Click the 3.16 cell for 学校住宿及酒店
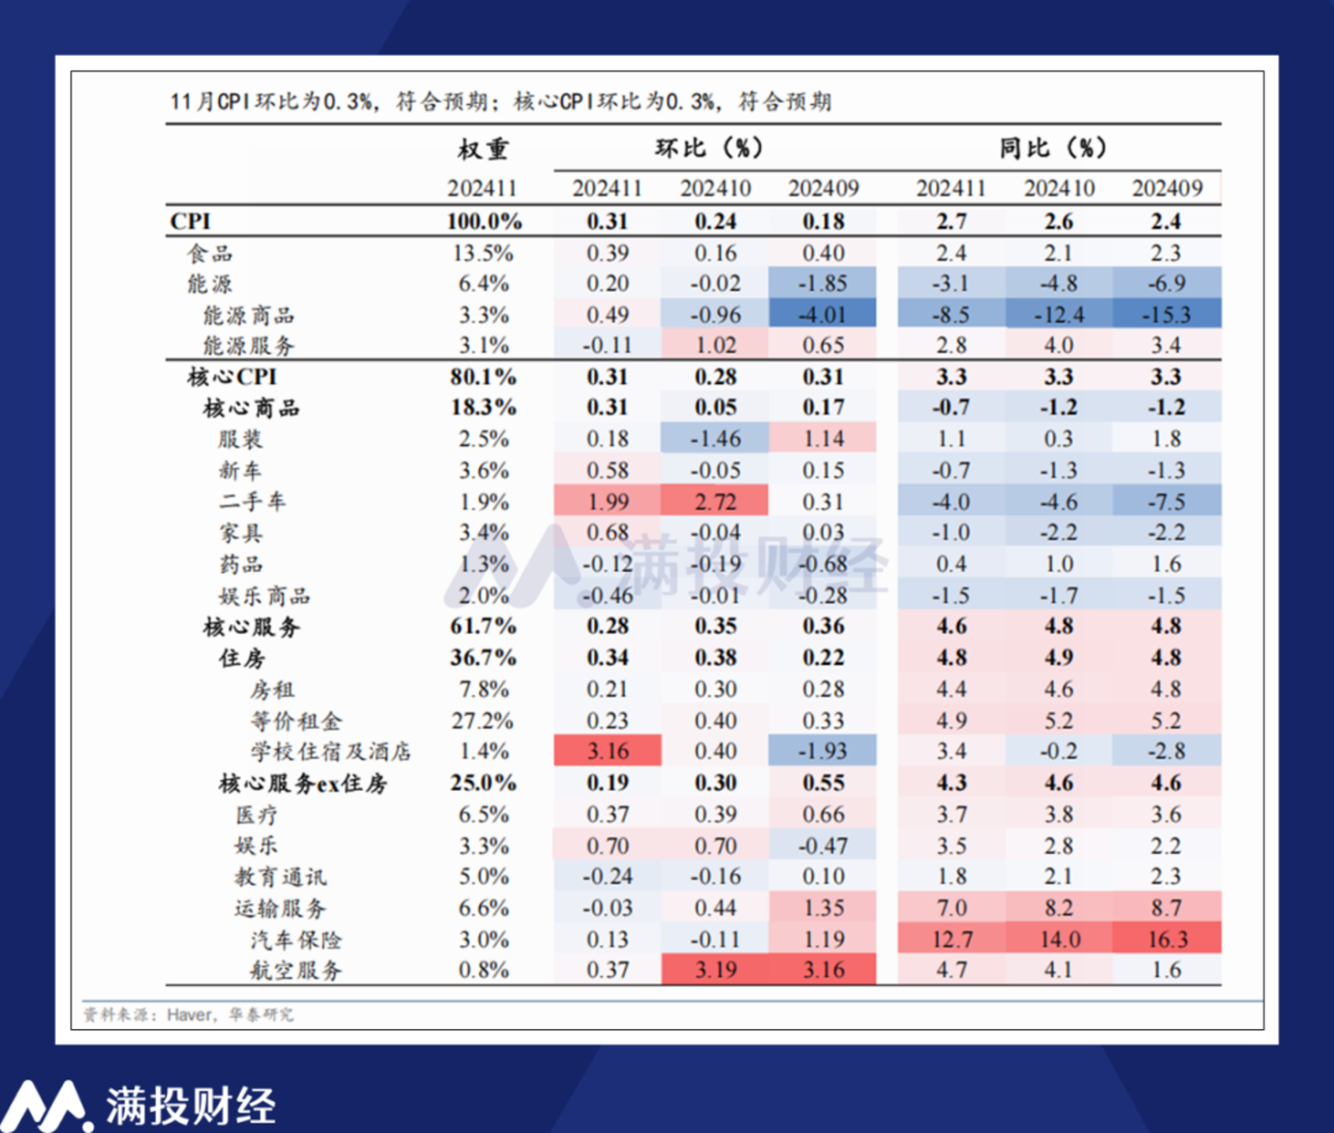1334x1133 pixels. tap(607, 751)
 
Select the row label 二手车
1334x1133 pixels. tap(252, 502)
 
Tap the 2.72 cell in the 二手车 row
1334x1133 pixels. tap(715, 502)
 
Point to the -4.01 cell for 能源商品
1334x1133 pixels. tap(822, 314)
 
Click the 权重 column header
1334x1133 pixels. tap(483, 149)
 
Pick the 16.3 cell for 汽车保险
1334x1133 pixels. tap(1167, 939)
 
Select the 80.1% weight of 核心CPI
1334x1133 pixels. tap(483, 376)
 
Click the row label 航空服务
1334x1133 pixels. tap(296, 971)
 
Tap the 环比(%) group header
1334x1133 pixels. tap(709, 148)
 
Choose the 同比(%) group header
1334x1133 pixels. tap(1053, 148)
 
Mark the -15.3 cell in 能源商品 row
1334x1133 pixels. tap(1166, 314)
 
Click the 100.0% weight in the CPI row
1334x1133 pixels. tap(483, 222)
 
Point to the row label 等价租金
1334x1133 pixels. tap(296, 720)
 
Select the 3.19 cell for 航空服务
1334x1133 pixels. tap(715, 971)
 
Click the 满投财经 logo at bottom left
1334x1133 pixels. tap(139, 1103)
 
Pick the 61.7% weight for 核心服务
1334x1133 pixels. tap(483, 627)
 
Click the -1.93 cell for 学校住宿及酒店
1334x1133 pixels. tap(822, 751)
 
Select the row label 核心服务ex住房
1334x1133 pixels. tap(302, 783)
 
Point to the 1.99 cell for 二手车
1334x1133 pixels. tap(607, 502)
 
